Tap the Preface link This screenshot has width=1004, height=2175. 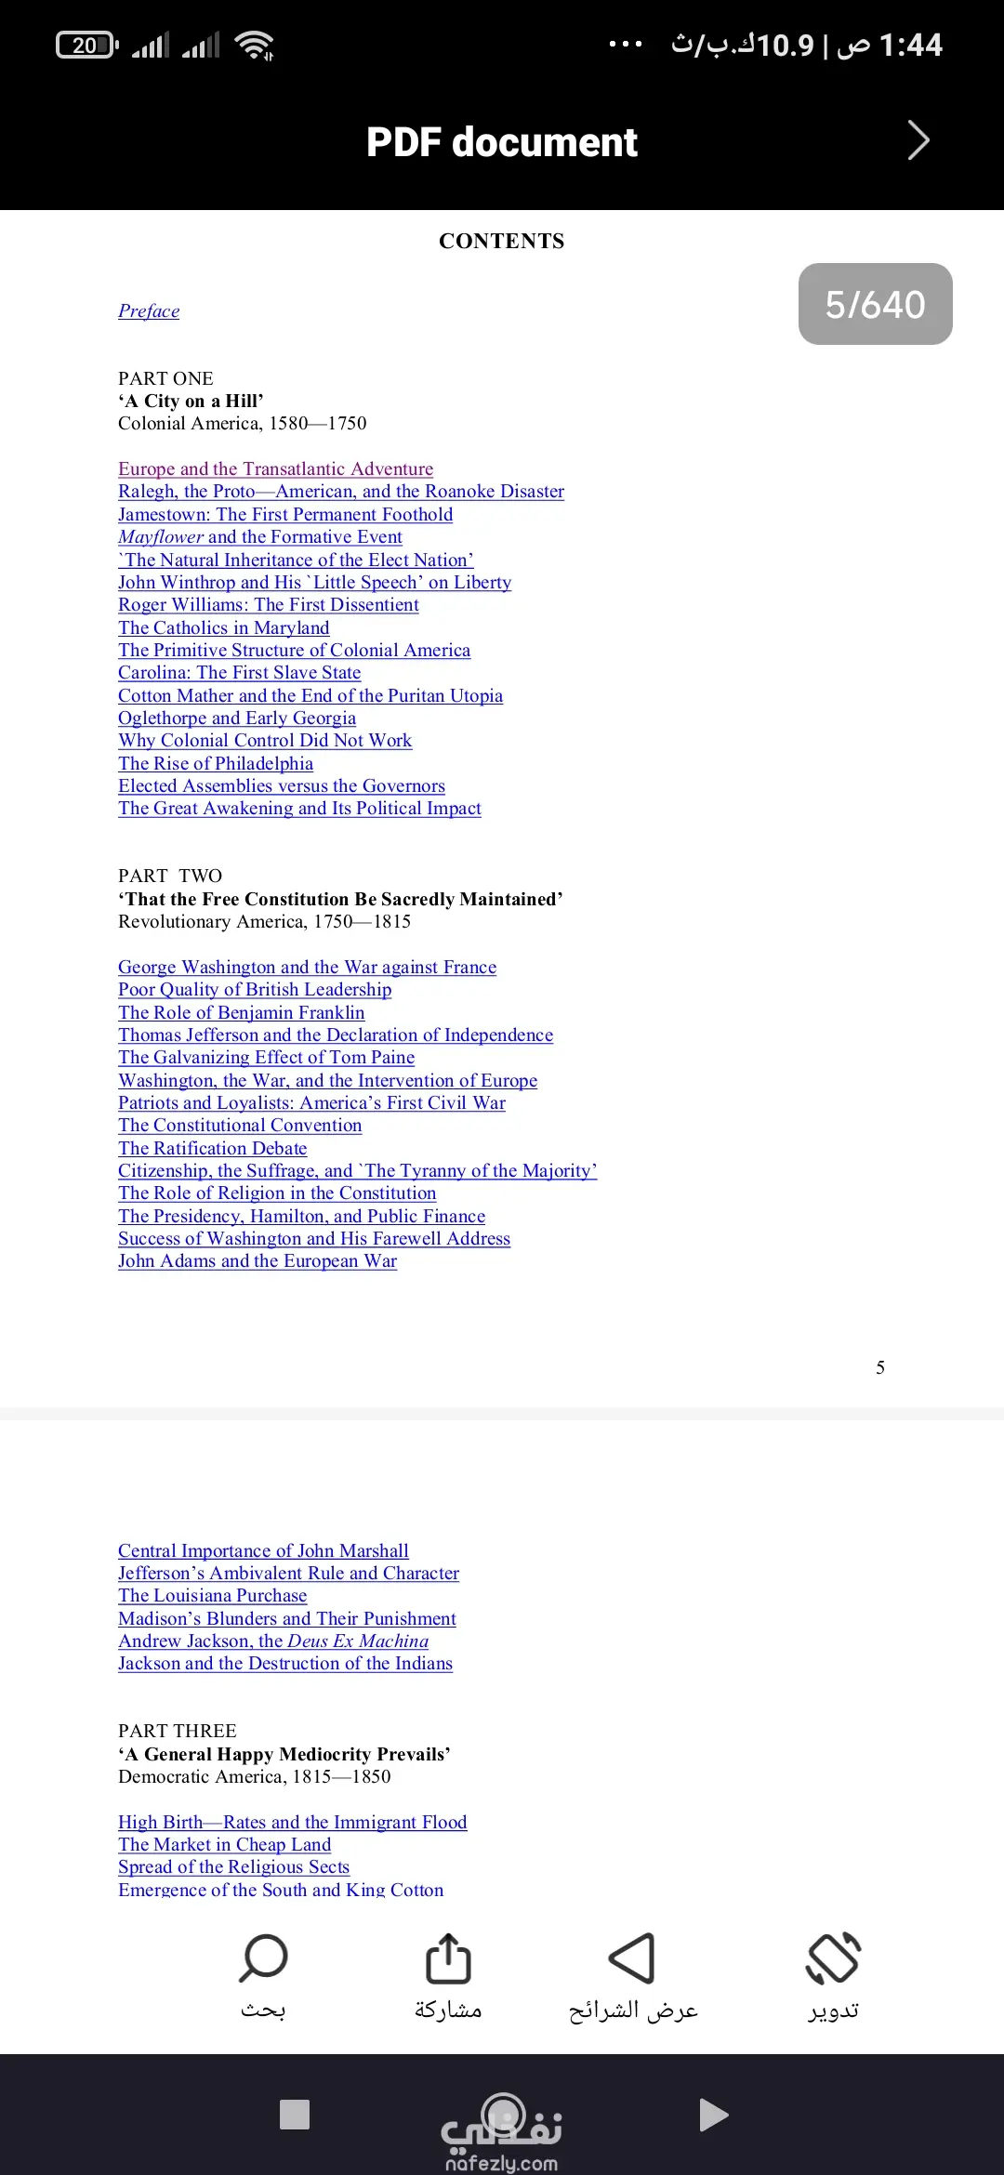pyautogui.click(x=149, y=311)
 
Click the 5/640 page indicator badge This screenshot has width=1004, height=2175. pyautogui.click(x=875, y=304)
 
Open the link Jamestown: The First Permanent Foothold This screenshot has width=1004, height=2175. pyautogui.click(x=285, y=515)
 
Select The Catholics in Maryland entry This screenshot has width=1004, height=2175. pyautogui.click(x=223, y=628)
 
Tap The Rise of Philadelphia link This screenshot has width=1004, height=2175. pyautogui.click(x=216, y=764)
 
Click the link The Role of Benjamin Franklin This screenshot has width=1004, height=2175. pyautogui.click(x=241, y=1013)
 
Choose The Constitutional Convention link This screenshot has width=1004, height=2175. pyautogui.click(x=240, y=1126)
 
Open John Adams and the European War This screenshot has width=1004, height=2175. pyautogui.click(x=258, y=1261)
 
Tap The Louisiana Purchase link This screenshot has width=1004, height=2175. pyautogui.click(x=212, y=1596)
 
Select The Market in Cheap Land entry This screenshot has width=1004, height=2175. pyautogui.click(x=224, y=1845)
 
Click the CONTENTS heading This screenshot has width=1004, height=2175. pyautogui.click(x=501, y=242)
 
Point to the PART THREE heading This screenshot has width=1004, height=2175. pyautogui.click(x=178, y=1731)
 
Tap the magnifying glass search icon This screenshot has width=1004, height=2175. pyautogui.click(x=263, y=1958)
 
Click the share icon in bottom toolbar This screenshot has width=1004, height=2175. pyautogui.click(x=448, y=1958)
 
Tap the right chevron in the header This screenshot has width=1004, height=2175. pyautogui.click(x=918, y=141)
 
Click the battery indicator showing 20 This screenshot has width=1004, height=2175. pyautogui.click(x=86, y=45)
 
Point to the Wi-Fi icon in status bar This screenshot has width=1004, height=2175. pyautogui.click(x=254, y=45)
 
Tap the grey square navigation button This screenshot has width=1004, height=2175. pyautogui.click(x=295, y=2115)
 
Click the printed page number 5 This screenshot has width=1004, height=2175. pyautogui.click(x=880, y=1367)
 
